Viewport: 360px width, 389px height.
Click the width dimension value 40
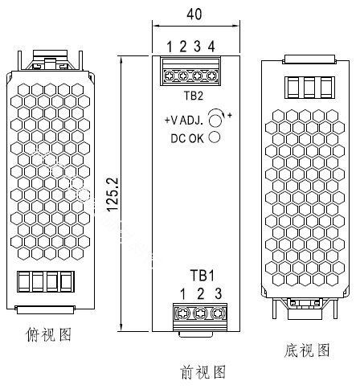[x=194, y=14]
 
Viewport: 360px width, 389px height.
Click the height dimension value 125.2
[x=112, y=194]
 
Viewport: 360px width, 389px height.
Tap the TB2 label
[x=194, y=96]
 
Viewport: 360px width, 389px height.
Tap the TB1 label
[x=202, y=276]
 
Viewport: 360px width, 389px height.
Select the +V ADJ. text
[x=184, y=121]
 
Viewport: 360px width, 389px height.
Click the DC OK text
[x=187, y=138]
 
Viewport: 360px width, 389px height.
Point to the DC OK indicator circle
[x=215, y=137]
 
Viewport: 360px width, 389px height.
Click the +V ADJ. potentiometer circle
[x=215, y=121]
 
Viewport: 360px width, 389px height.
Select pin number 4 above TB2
[x=211, y=47]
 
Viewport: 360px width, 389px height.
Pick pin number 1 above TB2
[x=170, y=47]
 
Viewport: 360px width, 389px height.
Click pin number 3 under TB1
[x=219, y=294]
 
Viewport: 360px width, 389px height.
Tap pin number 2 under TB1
[x=200, y=294]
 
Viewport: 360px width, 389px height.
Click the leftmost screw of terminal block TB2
[x=169, y=76]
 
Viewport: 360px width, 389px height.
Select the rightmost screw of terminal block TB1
[x=218, y=313]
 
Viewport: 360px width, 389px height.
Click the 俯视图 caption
[x=48, y=334]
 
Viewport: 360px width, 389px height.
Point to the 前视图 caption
[x=203, y=372]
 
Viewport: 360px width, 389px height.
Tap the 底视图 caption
[x=307, y=350]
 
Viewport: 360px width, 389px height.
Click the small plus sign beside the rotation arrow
[x=230, y=116]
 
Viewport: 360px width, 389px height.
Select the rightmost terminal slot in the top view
[x=67, y=281]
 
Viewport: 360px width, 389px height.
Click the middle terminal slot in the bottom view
[x=309, y=88]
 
